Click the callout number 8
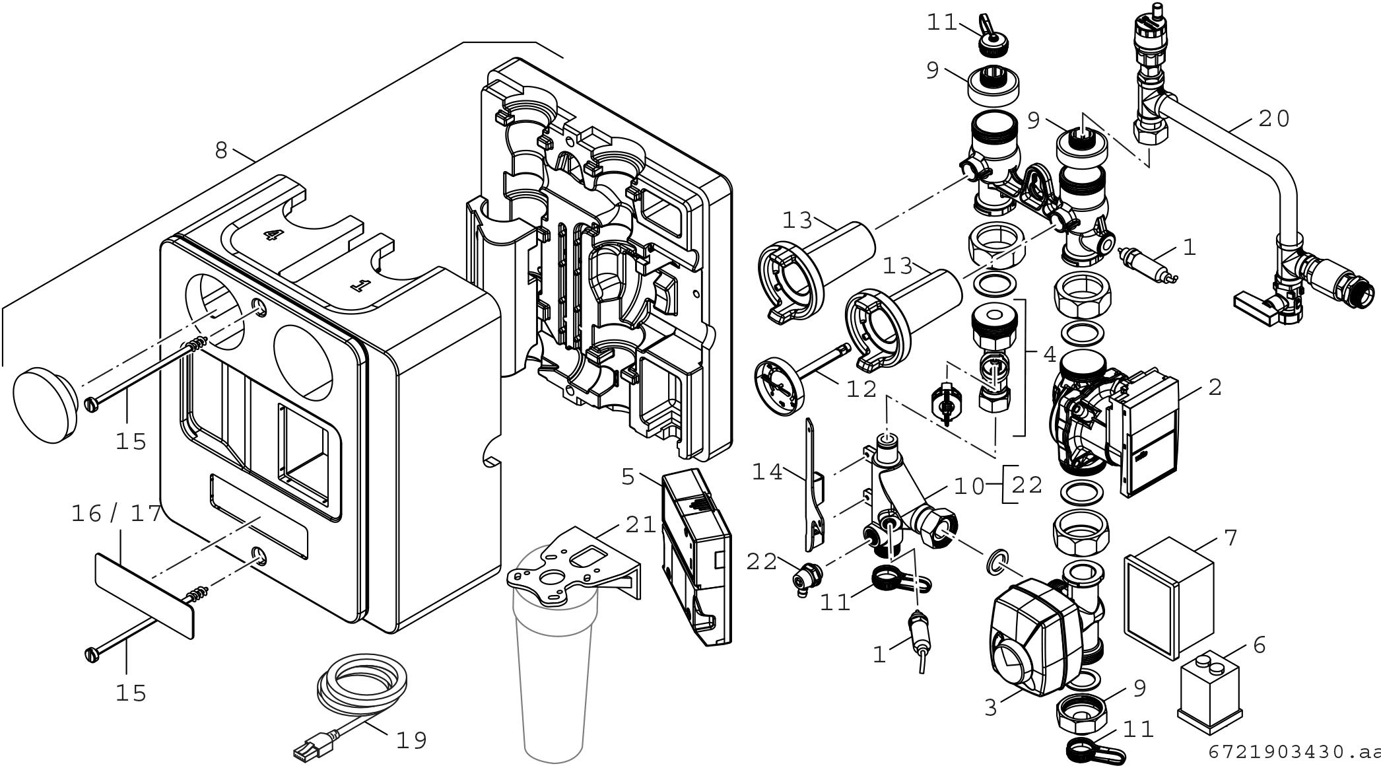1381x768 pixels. (x=220, y=151)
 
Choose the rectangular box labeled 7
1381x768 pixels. (x=1169, y=598)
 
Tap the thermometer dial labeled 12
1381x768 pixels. (x=781, y=386)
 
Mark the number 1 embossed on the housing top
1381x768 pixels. (x=359, y=285)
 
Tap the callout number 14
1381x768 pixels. (x=767, y=472)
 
